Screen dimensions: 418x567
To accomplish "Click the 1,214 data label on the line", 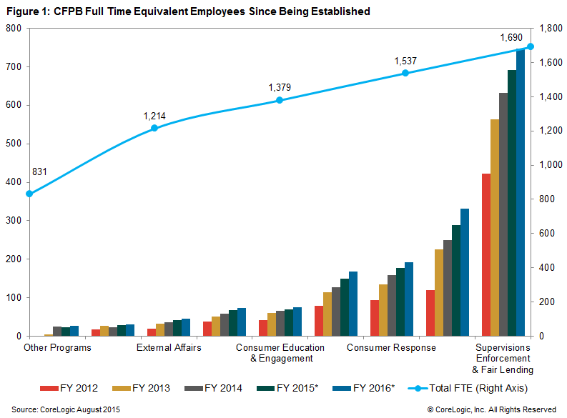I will pyautogui.click(x=154, y=116).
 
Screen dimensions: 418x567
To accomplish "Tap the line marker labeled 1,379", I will pyautogui.click(x=280, y=100).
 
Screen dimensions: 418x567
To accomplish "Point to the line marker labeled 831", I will pyautogui.click(x=29, y=194).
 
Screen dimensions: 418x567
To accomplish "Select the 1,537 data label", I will pyautogui.click(x=405, y=61).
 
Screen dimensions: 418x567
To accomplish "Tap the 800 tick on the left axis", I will pyautogui.click(x=14, y=28).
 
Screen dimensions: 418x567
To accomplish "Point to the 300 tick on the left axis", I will pyautogui.click(x=14, y=221).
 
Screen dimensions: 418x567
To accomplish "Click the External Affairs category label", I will pyautogui.click(x=169, y=348).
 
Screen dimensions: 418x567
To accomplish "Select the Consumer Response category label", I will pyautogui.click(x=391, y=348).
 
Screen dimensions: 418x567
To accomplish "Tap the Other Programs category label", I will pyautogui.click(x=57, y=348).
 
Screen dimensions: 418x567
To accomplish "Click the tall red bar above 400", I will pyautogui.click(x=486, y=254).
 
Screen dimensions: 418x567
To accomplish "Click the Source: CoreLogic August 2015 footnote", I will pyautogui.click(x=66, y=409).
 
